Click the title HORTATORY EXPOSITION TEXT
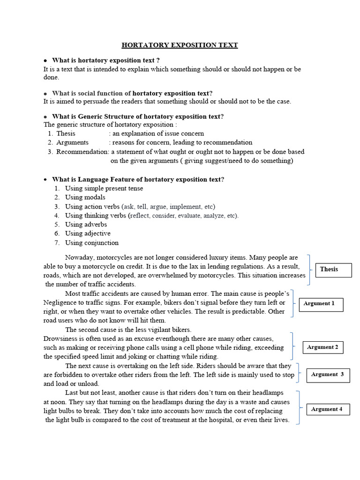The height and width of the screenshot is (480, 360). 180,45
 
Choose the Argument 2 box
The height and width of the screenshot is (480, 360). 322,347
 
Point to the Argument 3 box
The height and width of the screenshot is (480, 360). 328,375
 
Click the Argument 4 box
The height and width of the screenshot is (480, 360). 327,409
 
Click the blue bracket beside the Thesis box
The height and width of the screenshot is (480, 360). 308,270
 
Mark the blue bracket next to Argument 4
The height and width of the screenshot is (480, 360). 298,406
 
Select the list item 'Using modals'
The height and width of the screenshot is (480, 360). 85,197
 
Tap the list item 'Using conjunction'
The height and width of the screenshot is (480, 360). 91,243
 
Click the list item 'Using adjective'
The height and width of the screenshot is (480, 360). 88,233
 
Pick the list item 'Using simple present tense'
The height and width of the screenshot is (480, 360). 104,188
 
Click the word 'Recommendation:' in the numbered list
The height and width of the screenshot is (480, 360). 82,152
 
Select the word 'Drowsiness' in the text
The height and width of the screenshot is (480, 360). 60,338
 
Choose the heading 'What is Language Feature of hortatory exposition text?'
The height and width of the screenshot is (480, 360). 138,180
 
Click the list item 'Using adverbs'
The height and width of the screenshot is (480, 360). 86,225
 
